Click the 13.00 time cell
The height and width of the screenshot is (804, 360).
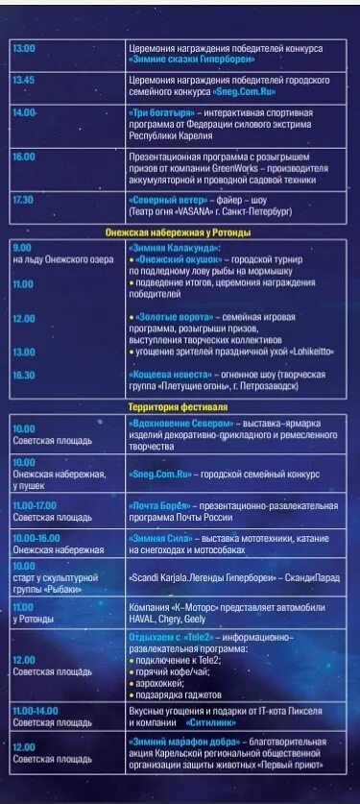click(x=25, y=48)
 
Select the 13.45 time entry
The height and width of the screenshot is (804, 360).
click(x=25, y=81)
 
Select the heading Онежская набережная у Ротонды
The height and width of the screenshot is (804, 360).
click(x=179, y=232)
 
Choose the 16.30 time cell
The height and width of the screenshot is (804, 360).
click(x=25, y=376)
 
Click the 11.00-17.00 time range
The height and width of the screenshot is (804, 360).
click(x=36, y=504)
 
